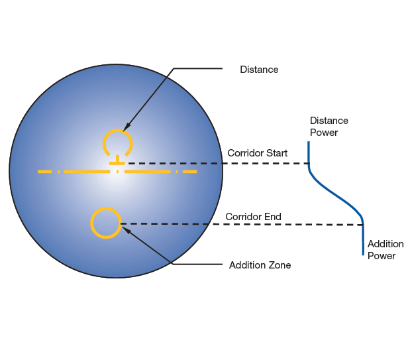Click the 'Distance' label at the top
(x=259, y=70)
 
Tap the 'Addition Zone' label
(x=260, y=265)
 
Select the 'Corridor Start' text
(x=257, y=153)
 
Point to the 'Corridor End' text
(x=253, y=217)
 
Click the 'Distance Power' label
(x=329, y=127)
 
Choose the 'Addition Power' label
(x=385, y=250)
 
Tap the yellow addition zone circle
(x=105, y=223)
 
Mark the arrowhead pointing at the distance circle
(x=127, y=127)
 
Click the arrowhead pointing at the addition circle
(x=125, y=230)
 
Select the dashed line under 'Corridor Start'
(x=219, y=162)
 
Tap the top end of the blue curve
(x=309, y=143)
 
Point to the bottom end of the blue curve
(x=363, y=253)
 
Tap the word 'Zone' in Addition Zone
(x=280, y=265)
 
